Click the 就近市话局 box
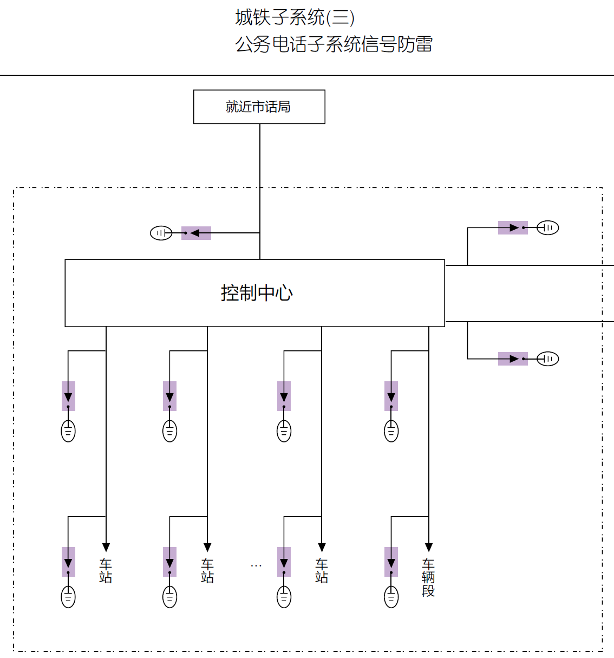[259, 107]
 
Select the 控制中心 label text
[257, 293]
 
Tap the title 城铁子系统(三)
[295, 17]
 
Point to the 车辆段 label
[428, 577]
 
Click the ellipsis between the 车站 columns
[256, 565]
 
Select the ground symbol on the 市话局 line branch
[161, 233]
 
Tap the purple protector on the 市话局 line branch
[196, 233]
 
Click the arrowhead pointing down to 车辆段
[429, 547]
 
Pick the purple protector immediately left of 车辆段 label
[391, 562]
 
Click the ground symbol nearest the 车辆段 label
[391, 597]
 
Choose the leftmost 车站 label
[106, 571]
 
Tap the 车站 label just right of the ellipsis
[322, 571]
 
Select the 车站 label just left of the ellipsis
[207, 571]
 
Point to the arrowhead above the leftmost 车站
[106, 547]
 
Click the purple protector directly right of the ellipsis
[284, 562]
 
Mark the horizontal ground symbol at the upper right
[547, 227]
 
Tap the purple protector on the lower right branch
[513, 359]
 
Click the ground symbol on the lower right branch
[547, 359]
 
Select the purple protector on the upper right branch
[513, 227]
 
